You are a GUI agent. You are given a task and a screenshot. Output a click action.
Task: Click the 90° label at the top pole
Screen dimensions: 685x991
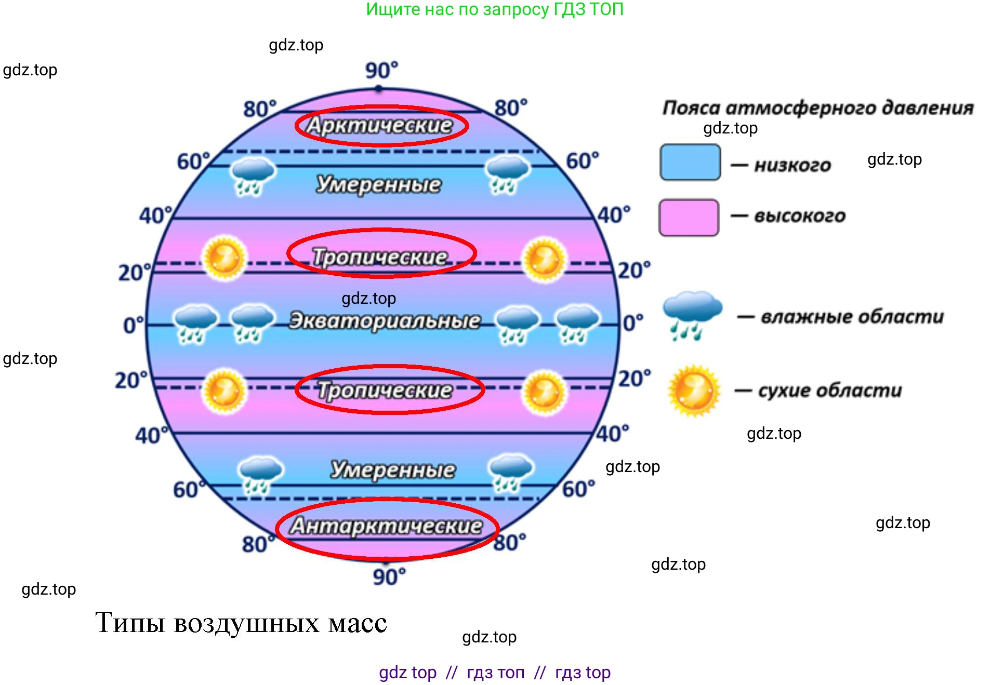pos(381,70)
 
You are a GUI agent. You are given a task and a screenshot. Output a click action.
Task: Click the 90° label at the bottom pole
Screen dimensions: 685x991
pos(389,576)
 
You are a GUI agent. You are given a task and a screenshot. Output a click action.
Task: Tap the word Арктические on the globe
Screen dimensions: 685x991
pos(380,125)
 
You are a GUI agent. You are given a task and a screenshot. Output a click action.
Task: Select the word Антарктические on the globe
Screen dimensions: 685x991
pos(386,526)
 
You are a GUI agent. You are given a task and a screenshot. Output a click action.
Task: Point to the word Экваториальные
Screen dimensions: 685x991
pos(385,320)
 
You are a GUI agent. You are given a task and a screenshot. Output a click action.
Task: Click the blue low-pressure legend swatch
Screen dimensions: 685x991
pos(690,163)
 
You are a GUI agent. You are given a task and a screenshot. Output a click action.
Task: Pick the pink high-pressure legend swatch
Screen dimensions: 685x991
pos(689,218)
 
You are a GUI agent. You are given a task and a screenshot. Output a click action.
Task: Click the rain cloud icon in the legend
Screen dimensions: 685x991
pos(692,315)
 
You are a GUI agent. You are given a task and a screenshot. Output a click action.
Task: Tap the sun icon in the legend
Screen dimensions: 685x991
pos(694,391)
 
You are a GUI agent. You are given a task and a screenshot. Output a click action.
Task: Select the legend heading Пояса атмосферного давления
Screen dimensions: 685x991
pos(817,108)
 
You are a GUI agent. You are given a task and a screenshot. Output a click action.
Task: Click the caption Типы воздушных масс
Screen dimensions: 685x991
pos(241,623)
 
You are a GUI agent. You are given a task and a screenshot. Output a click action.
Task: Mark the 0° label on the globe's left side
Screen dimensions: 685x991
pos(133,325)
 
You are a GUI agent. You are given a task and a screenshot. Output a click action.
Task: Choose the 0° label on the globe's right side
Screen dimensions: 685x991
pos(632,323)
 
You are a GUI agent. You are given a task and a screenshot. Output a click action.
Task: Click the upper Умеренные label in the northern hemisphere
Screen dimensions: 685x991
pos(379,184)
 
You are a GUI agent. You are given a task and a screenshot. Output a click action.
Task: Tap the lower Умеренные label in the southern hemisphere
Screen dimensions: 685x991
pos(393,469)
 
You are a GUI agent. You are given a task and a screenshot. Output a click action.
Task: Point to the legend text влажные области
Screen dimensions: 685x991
pos(852,316)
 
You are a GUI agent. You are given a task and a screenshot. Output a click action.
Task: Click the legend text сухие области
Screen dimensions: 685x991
pos(829,391)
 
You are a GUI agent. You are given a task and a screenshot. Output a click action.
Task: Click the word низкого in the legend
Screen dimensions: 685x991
pos(792,165)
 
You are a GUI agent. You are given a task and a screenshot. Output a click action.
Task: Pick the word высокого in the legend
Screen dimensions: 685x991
pos(799,216)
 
